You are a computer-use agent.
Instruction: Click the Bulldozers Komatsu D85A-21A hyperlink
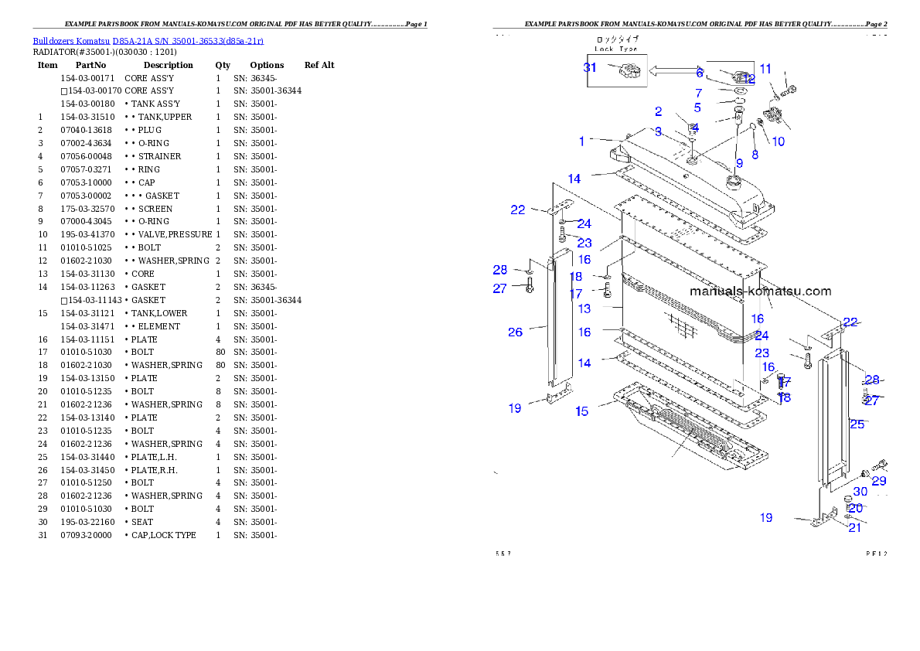(x=148, y=40)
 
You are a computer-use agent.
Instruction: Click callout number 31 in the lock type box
(x=590, y=67)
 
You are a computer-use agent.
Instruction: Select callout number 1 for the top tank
(x=582, y=141)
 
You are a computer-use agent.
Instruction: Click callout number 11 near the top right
(x=765, y=69)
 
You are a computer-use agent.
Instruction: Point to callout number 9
(x=739, y=163)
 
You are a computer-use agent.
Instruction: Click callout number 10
(x=778, y=141)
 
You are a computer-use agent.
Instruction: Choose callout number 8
(x=755, y=155)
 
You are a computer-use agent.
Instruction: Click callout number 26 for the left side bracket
(x=515, y=332)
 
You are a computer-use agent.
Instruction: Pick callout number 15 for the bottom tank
(x=581, y=411)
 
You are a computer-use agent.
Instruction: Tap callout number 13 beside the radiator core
(x=584, y=308)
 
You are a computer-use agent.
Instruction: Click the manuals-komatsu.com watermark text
(x=760, y=291)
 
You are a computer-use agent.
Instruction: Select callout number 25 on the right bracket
(x=857, y=424)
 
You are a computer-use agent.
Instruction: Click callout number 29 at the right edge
(x=879, y=481)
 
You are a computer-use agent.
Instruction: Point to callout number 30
(x=860, y=492)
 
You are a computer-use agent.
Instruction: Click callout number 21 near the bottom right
(x=854, y=528)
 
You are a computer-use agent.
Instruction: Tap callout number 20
(x=856, y=509)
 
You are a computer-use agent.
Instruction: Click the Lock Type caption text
(x=615, y=48)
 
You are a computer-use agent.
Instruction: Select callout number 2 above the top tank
(x=658, y=112)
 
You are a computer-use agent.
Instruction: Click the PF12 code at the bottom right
(x=877, y=554)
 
